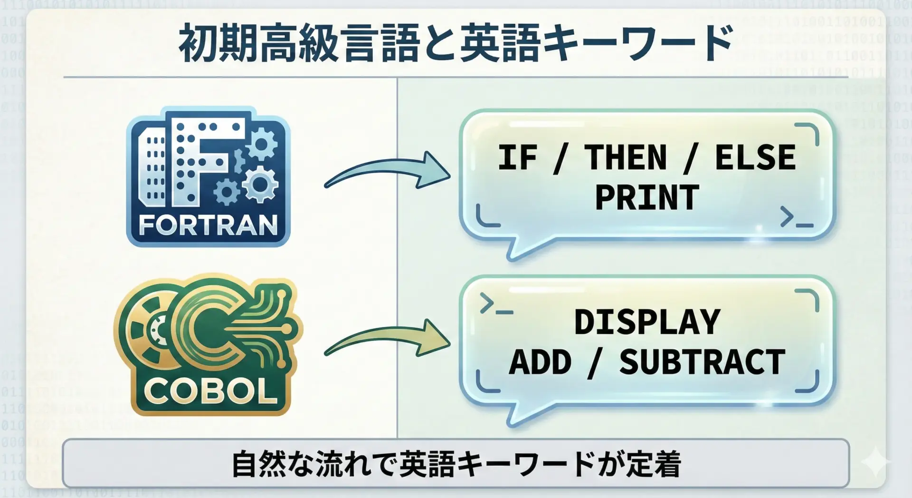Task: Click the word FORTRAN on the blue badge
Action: point(208,225)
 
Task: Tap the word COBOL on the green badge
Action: point(210,391)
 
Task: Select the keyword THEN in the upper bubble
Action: point(626,157)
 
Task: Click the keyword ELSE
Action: point(755,157)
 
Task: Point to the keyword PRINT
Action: point(647,197)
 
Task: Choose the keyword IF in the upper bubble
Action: point(517,157)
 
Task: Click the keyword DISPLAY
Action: point(647,322)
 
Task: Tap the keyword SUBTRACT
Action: point(702,362)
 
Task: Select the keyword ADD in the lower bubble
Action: point(540,362)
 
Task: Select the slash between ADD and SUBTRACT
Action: point(595,362)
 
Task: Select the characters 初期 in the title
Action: point(218,44)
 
